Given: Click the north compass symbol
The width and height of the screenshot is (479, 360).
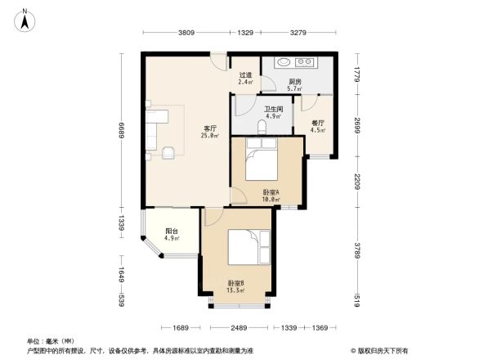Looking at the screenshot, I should click(x=25, y=19).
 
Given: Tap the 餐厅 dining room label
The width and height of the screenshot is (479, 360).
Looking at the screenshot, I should click(x=319, y=126).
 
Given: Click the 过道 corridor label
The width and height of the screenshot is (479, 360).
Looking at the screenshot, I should click(x=245, y=77).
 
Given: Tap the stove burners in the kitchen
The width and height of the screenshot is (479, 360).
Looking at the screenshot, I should click(x=307, y=61).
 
